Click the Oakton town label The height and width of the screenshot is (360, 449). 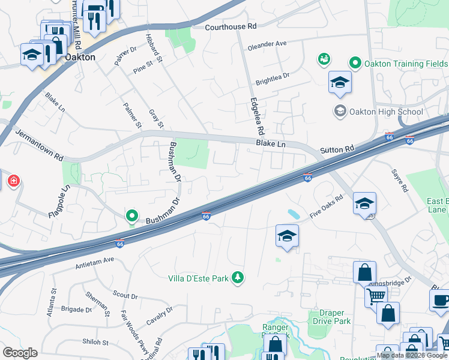point(80,57)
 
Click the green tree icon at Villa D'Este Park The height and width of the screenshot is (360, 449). point(239,277)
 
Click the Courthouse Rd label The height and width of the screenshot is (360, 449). point(231,27)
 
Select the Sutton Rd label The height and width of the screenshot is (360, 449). point(337,149)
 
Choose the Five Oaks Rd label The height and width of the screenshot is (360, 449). point(326,206)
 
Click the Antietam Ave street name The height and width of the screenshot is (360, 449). point(95,261)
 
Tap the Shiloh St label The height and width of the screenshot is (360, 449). point(96,343)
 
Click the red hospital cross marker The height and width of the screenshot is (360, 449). point(11,180)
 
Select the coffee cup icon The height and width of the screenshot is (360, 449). point(441,299)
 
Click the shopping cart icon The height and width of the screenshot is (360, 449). point(376,295)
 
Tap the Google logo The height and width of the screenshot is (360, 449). point(20,353)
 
